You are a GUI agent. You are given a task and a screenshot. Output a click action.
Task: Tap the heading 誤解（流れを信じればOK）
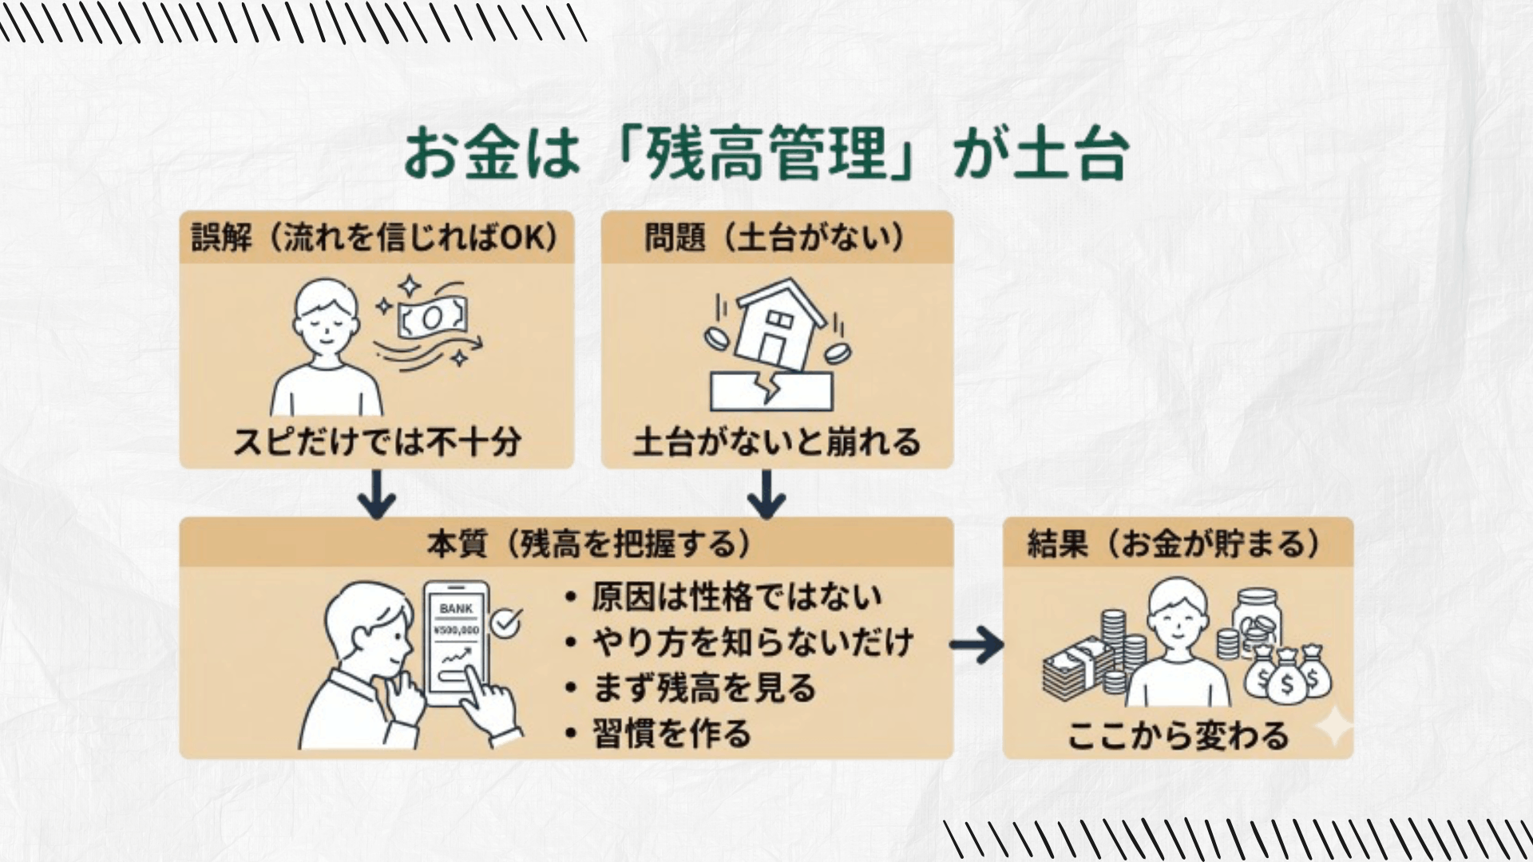click(375, 237)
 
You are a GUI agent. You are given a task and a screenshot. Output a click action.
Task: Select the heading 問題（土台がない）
click(775, 237)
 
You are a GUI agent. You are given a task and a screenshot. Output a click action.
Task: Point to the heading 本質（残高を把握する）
click(588, 544)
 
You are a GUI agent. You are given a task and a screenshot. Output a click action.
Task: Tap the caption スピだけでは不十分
click(377, 441)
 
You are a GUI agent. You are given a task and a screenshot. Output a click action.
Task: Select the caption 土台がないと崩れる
click(776, 441)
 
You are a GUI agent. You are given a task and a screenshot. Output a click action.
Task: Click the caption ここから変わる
click(1178, 734)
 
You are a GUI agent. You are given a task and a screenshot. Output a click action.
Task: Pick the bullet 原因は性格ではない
click(736, 597)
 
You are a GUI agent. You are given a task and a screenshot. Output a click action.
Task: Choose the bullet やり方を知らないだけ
click(752, 643)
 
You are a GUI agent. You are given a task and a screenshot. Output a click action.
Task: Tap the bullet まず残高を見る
click(703, 688)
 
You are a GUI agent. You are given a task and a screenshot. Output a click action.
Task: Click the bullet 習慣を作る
click(671, 733)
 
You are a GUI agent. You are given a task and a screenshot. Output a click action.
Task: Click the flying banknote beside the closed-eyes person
click(432, 318)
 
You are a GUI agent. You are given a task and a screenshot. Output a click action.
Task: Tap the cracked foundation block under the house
click(771, 391)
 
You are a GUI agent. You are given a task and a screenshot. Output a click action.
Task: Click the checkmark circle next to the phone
click(505, 623)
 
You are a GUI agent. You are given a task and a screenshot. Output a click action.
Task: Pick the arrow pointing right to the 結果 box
click(976, 644)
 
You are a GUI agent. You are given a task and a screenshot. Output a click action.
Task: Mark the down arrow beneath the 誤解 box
click(377, 494)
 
